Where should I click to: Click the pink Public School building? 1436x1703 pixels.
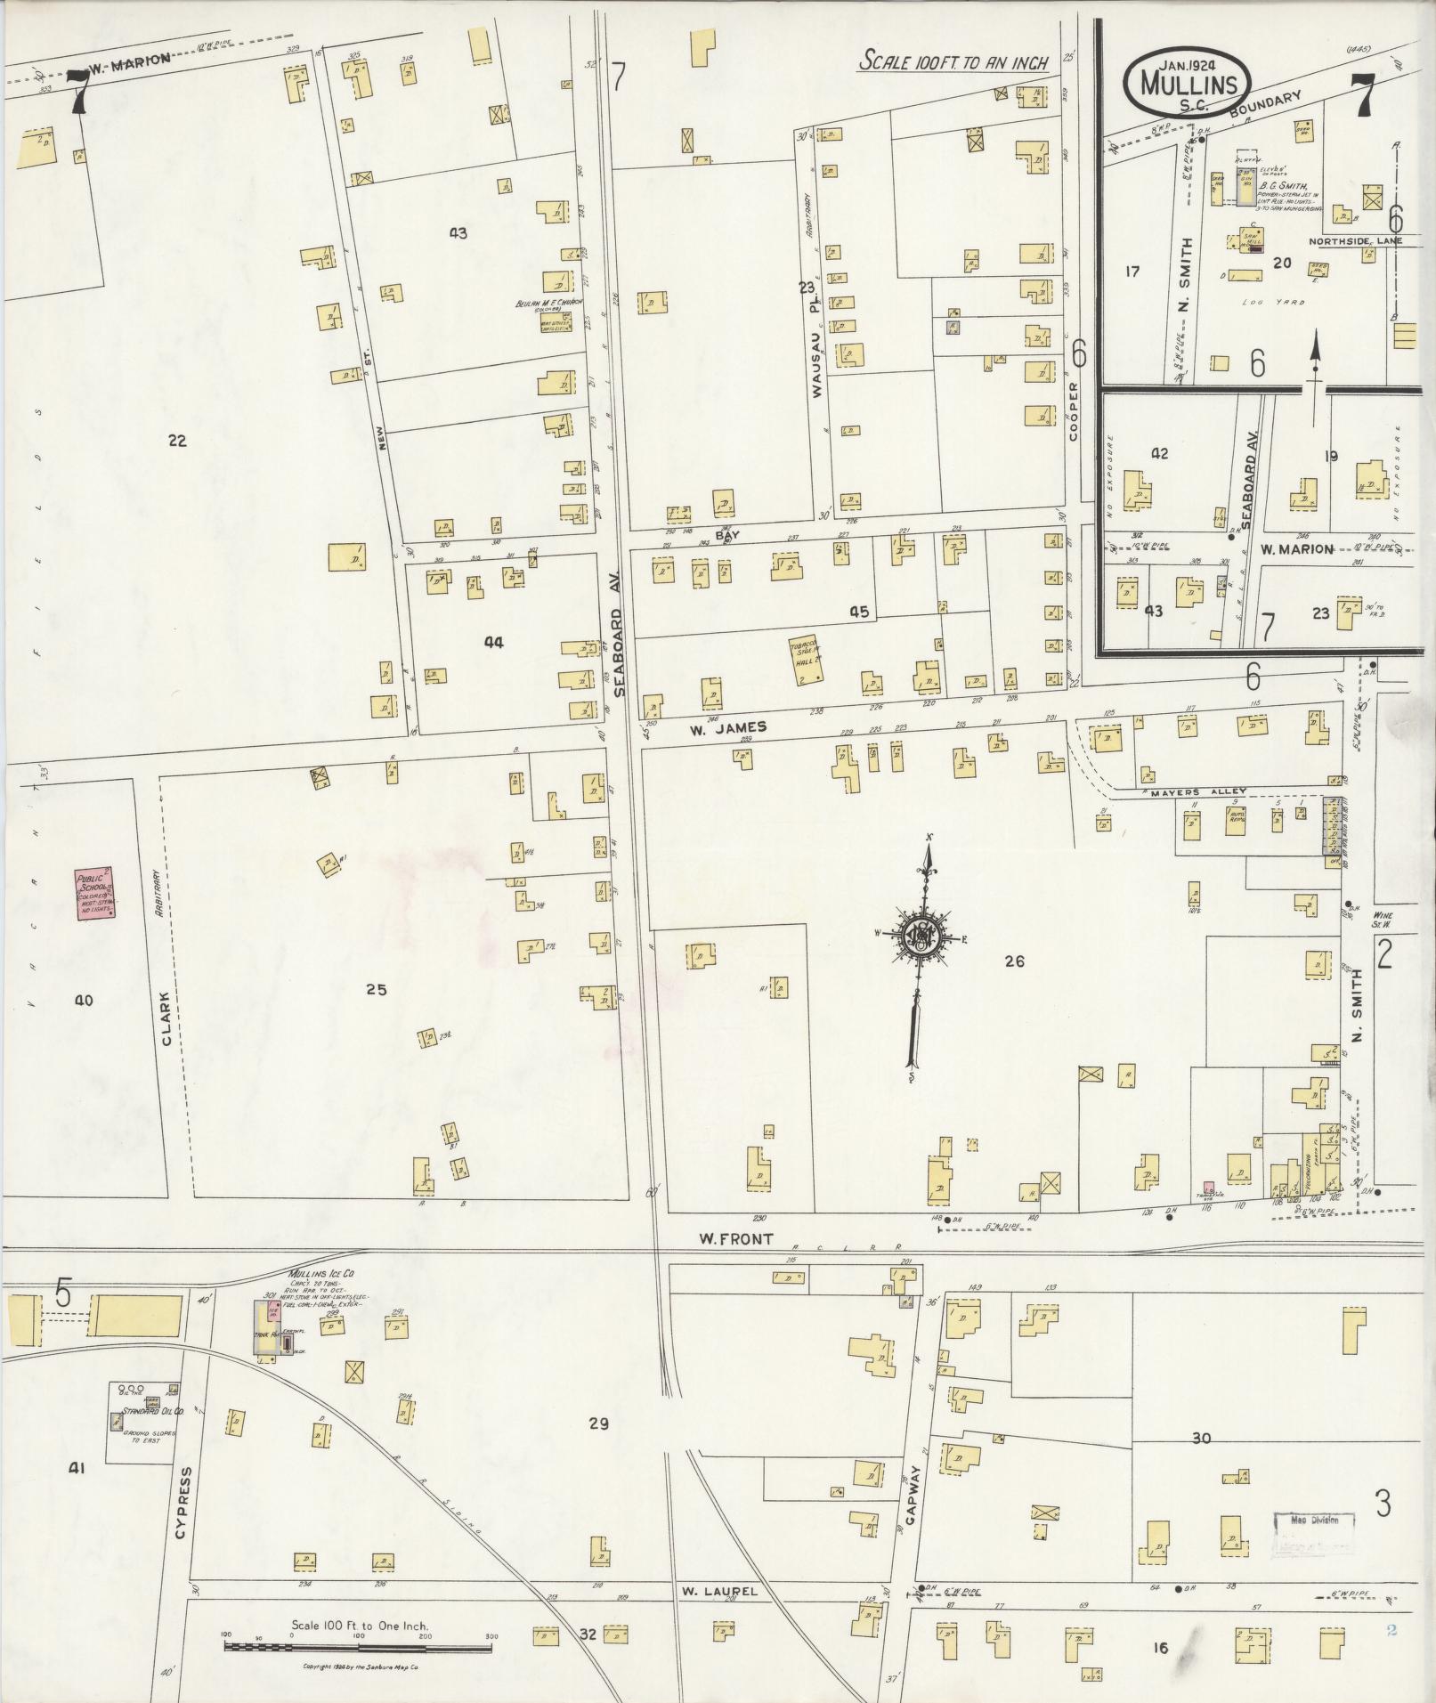pyautogui.click(x=95, y=894)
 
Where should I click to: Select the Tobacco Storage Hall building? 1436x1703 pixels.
pyautogui.click(x=807, y=660)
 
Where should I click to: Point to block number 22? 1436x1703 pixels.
pyautogui.click(x=177, y=441)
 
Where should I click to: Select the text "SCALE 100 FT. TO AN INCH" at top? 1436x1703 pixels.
pyautogui.click(x=953, y=62)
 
